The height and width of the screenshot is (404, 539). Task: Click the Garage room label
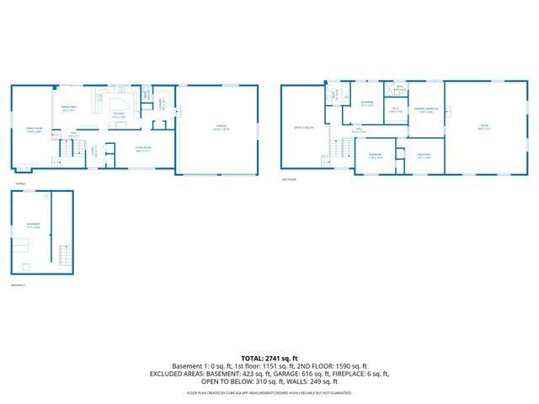[x=221, y=128]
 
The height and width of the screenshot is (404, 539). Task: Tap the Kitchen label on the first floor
[x=119, y=115]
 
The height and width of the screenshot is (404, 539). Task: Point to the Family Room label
[x=34, y=130]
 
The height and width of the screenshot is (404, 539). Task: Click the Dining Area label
[x=69, y=109]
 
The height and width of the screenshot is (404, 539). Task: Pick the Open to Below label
[x=303, y=127]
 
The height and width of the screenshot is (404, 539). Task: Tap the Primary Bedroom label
[x=428, y=110]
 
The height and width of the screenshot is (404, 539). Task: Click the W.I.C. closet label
[x=396, y=110]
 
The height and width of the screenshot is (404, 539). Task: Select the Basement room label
[x=33, y=225]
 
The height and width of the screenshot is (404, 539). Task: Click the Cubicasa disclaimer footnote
[x=269, y=392]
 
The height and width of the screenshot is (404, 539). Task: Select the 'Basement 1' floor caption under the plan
[x=19, y=284]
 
